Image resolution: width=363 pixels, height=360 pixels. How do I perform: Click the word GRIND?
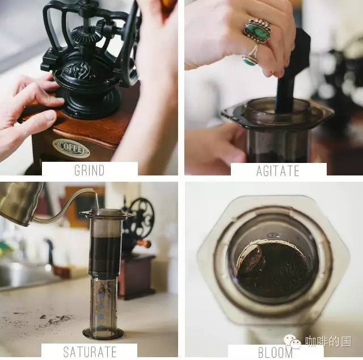coord(90,170)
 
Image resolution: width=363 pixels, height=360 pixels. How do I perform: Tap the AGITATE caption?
coord(278,171)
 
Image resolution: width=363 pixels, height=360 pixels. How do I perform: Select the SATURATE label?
coord(90,351)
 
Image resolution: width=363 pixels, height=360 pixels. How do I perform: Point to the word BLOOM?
coord(275,353)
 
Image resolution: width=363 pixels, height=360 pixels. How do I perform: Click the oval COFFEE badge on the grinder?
coord(71,148)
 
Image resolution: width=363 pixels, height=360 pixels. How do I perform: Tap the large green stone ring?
coord(257,31)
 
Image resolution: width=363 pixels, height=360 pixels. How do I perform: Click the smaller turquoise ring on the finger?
coord(250,57)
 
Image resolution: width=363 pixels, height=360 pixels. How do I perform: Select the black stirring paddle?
coord(292,69)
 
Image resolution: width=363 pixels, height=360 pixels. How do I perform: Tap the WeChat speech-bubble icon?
coord(292,341)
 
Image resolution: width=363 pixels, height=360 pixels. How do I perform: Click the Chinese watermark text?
coord(328,342)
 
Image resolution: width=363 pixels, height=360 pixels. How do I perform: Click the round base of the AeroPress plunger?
coord(103,333)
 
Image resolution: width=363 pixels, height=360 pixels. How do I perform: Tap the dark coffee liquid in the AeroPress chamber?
coord(105,254)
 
